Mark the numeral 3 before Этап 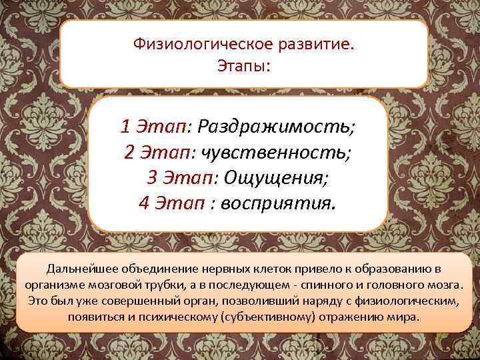click(x=152, y=177)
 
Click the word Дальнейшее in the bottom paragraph click(x=79, y=269)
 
